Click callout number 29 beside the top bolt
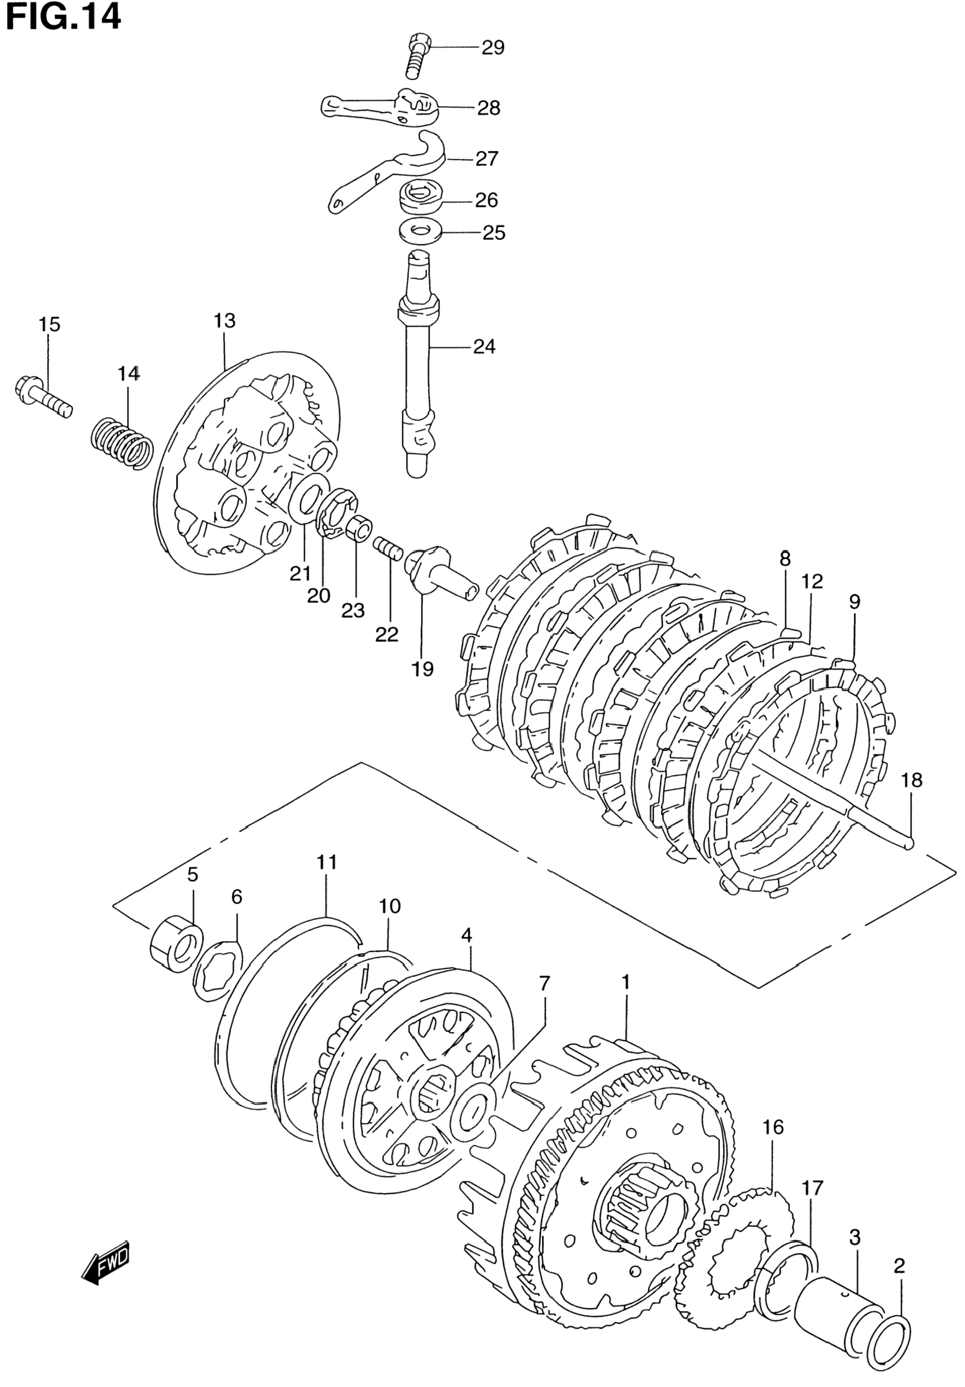(x=493, y=47)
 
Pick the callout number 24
(x=484, y=346)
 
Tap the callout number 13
(x=224, y=321)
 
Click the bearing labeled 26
(x=421, y=197)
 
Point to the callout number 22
(x=387, y=634)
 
